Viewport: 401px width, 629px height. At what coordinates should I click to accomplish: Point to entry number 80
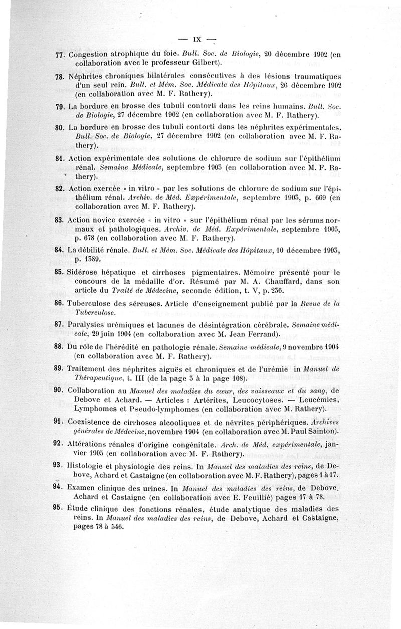coord(61,127)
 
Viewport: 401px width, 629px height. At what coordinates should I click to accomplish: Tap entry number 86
coord(61,303)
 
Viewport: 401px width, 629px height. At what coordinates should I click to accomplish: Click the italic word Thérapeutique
coord(100,378)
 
